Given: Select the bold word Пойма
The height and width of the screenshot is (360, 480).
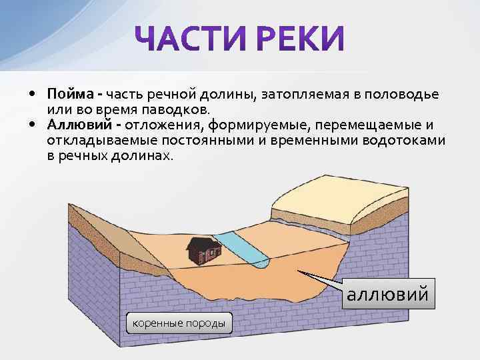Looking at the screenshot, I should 71,94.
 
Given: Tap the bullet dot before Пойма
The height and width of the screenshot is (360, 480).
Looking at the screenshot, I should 32,94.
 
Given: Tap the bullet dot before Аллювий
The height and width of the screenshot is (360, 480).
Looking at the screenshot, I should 32,125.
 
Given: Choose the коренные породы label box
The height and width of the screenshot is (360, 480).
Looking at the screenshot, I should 179,324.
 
